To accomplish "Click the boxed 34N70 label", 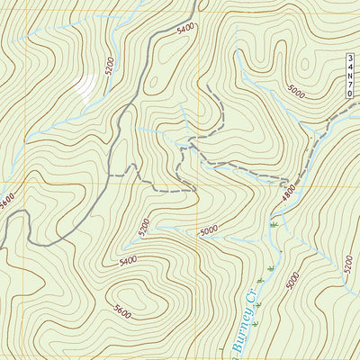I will point(350,76).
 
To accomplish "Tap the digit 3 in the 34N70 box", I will point(350,59).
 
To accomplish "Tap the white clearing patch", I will point(85,87).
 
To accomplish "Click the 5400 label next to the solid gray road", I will point(185,29).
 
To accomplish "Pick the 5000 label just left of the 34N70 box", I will point(296,90).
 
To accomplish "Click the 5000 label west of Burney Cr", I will point(209,231).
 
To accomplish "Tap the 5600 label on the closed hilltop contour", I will point(122,314).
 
